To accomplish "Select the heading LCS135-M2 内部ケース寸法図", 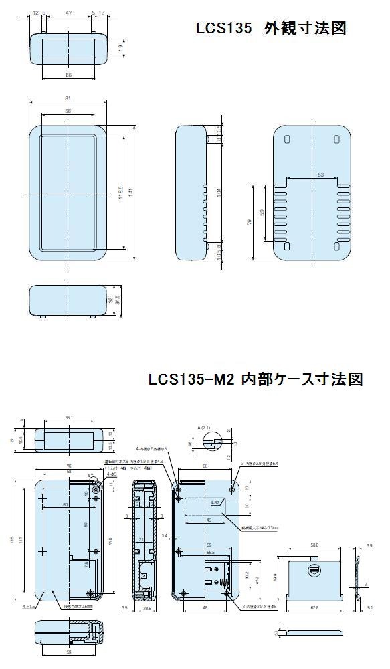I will [x=256, y=379].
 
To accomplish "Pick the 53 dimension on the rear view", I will [x=321, y=175].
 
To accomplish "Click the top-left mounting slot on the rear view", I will [x=288, y=140].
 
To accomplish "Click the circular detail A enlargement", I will [x=214, y=443].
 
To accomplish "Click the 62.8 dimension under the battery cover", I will [x=314, y=608].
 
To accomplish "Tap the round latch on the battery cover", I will [x=313, y=571].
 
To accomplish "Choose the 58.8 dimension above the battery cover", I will [x=314, y=545].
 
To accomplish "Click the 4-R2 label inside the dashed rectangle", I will [x=215, y=502].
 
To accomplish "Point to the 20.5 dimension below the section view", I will [x=146, y=607].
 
